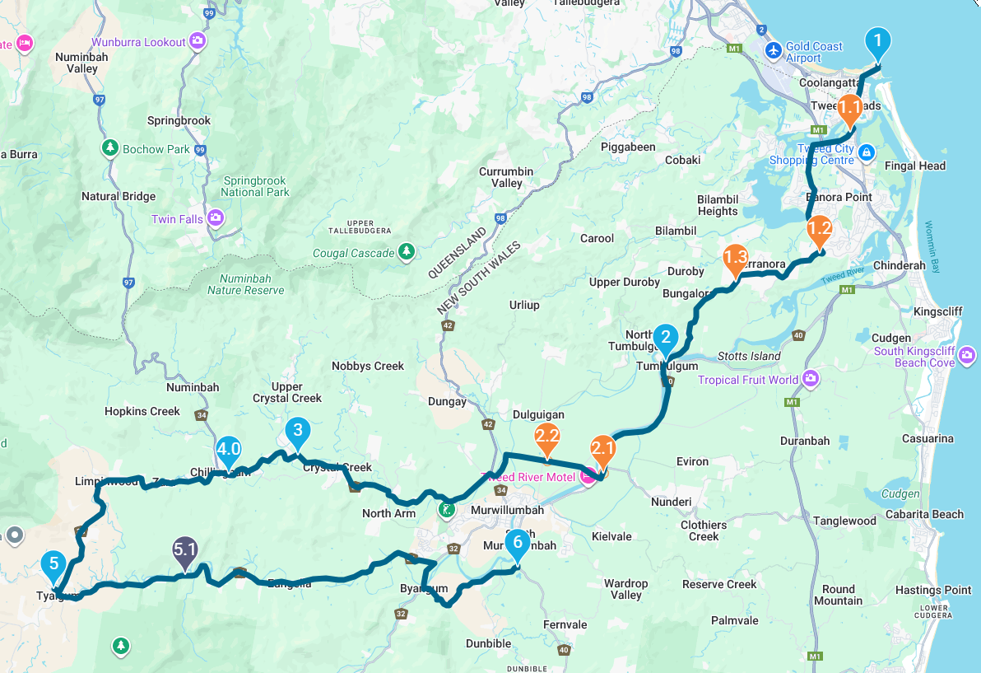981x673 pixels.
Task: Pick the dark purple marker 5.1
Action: tap(184, 550)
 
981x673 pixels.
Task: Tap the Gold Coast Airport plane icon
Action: tap(773, 51)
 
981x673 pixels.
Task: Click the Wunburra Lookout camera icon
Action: tap(197, 40)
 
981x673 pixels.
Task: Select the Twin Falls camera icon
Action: tap(216, 218)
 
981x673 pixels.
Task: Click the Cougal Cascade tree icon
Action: tap(406, 250)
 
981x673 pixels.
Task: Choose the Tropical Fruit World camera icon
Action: tap(811, 378)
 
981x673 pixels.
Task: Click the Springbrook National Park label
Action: tap(255, 186)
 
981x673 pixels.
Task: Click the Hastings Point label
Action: tap(933, 590)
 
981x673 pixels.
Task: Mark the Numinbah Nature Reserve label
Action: tap(245, 284)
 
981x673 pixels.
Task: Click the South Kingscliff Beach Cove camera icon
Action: tap(967, 356)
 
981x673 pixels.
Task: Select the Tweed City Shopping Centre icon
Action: tap(866, 153)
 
